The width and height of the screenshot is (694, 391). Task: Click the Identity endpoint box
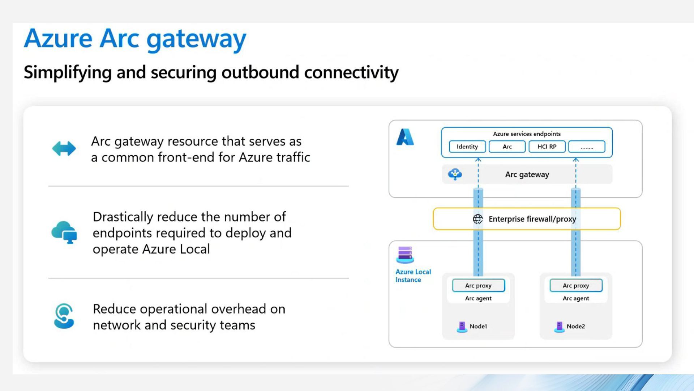coord(467,147)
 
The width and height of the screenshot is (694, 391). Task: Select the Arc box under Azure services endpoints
coord(507,147)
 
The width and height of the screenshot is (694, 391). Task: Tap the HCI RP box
coord(547,147)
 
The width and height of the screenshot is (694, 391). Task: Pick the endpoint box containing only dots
coord(586,147)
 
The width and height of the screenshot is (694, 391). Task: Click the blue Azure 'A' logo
coord(405,137)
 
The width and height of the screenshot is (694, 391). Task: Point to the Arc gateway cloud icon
coord(455,174)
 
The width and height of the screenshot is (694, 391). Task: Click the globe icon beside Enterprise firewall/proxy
coord(477,219)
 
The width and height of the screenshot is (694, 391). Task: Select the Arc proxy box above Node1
coord(478,285)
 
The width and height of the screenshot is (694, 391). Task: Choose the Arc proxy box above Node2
coord(576,285)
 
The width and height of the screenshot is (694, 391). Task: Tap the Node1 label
coord(478,326)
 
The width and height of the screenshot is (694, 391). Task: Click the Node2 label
coord(575,326)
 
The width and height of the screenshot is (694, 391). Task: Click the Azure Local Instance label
coord(413,276)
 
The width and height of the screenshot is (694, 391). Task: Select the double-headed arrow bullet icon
coord(64,148)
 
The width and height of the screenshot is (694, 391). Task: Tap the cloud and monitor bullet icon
coord(64,232)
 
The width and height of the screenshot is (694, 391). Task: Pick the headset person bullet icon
coord(64,316)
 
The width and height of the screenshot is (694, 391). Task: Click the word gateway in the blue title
coord(196,39)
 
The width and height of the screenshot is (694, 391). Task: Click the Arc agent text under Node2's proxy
coord(576,298)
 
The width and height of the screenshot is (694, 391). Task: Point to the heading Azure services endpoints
coord(527,134)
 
